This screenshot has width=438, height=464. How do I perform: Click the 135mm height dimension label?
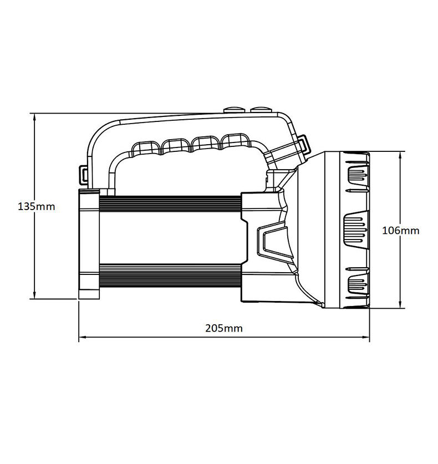pyautogui.click(x=37, y=207)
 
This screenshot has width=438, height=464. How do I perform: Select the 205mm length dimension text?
pyautogui.click(x=224, y=328)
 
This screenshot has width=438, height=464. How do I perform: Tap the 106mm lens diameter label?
pyautogui.click(x=401, y=230)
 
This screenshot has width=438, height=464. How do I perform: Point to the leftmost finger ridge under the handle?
pyautogui.click(x=145, y=147)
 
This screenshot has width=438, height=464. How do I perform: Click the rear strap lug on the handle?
pyautogui.click(x=83, y=175)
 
